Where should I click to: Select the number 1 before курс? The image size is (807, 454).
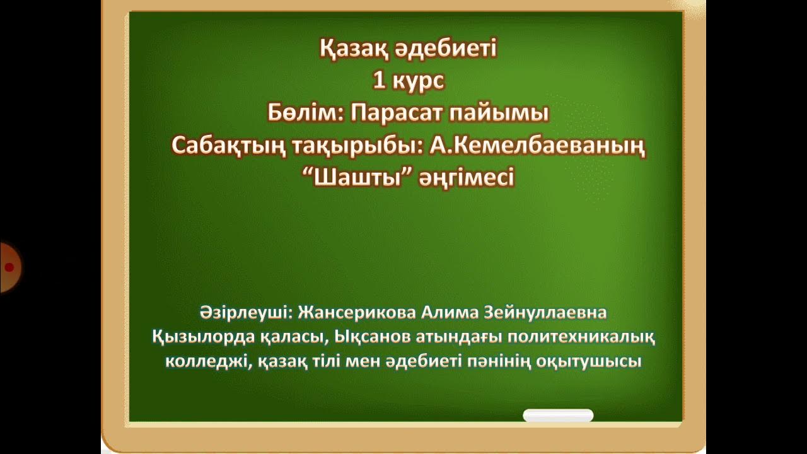coord(378,81)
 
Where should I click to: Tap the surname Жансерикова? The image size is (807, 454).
coord(346,313)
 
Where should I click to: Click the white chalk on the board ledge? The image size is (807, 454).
coord(558,416)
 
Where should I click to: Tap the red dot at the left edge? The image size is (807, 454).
coord(9,267)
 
